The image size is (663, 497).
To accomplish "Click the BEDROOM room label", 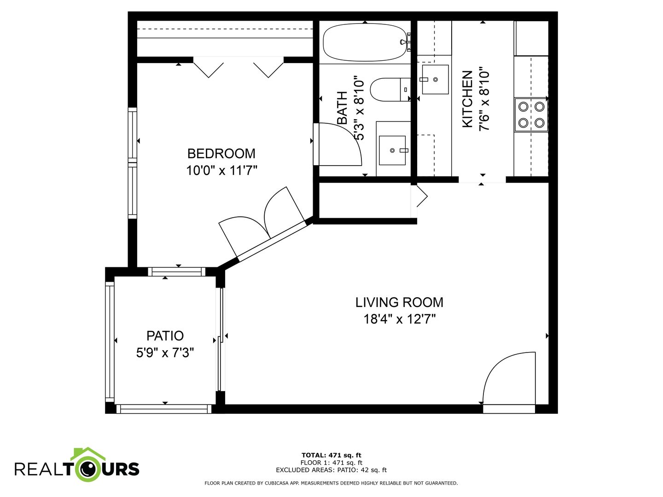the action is [x=221, y=154].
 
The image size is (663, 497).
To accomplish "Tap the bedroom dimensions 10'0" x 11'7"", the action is [x=221, y=170].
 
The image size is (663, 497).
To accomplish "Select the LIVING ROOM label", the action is [x=399, y=302].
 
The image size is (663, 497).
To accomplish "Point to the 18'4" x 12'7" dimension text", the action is [x=399, y=319].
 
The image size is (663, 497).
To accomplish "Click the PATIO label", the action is [x=165, y=335].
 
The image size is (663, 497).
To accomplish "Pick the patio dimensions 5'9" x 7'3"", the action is [x=165, y=353].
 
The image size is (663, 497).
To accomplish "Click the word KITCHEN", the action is [x=468, y=99].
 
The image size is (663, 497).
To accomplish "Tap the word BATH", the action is [x=342, y=108].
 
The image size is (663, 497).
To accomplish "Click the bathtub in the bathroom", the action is [x=366, y=42].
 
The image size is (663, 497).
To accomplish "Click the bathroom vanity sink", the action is [x=392, y=150].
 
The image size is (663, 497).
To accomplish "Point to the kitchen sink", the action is [x=435, y=80].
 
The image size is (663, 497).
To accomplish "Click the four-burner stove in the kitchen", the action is [x=531, y=115].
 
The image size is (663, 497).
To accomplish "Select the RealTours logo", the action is [x=77, y=468].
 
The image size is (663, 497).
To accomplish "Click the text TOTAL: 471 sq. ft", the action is [x=331, y=455].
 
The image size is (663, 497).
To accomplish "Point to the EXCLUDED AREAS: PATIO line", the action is [x=331, y=470].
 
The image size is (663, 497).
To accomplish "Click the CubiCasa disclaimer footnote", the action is [x=331, y=483].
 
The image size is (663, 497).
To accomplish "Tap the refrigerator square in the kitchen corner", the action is [x=531, y=38].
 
